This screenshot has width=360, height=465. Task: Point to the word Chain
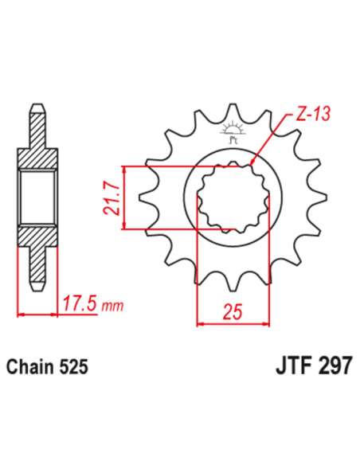[29, 367]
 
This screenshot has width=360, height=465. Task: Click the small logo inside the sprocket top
[233, 130]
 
